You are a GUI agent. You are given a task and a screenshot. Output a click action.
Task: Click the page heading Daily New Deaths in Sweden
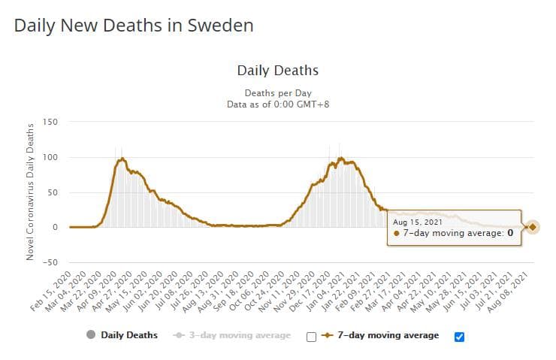(x=134, y=25)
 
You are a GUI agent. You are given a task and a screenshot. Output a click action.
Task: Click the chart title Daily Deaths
(x=277, y=71)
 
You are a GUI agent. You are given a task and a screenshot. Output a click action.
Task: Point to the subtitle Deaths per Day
(x=277, y=92)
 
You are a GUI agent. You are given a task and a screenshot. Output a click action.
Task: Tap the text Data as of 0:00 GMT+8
(x=277, y=104)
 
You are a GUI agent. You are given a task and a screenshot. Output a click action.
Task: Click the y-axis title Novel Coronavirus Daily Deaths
(x=30, y=192)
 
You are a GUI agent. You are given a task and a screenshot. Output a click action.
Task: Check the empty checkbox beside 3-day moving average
(x=311, y=337)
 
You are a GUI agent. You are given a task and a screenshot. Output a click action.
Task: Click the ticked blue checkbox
(x=460, y=337)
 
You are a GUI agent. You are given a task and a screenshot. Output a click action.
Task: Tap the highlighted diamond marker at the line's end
(x=532, y=227)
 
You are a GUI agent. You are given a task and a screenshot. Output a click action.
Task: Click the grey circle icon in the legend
(x=91, y=335)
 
